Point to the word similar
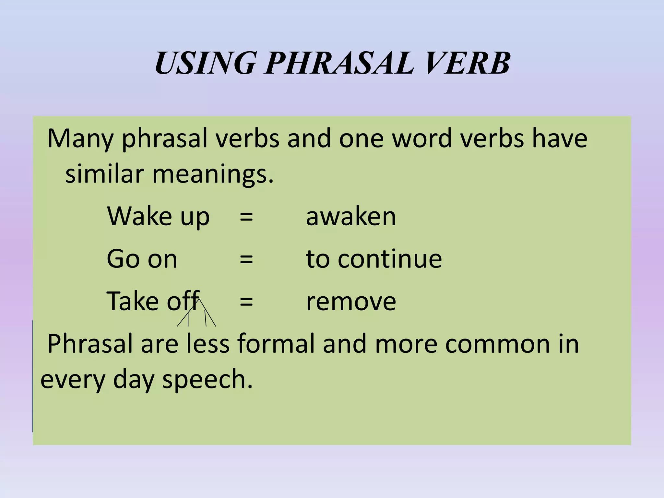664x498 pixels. (x=104, y=174)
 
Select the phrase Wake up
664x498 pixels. (x=158, y=217)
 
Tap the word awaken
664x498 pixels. (x=351, y=217)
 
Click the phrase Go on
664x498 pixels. (x=142, y=259)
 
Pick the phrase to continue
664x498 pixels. (x=374, y=259)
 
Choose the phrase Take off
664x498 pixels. (x=152, y=301)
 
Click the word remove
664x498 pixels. (x=351, y=302)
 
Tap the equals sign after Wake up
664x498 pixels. (x=246, y=217)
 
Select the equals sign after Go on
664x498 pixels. (x=246, y=259)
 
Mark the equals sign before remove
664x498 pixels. (x=246, y=302)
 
